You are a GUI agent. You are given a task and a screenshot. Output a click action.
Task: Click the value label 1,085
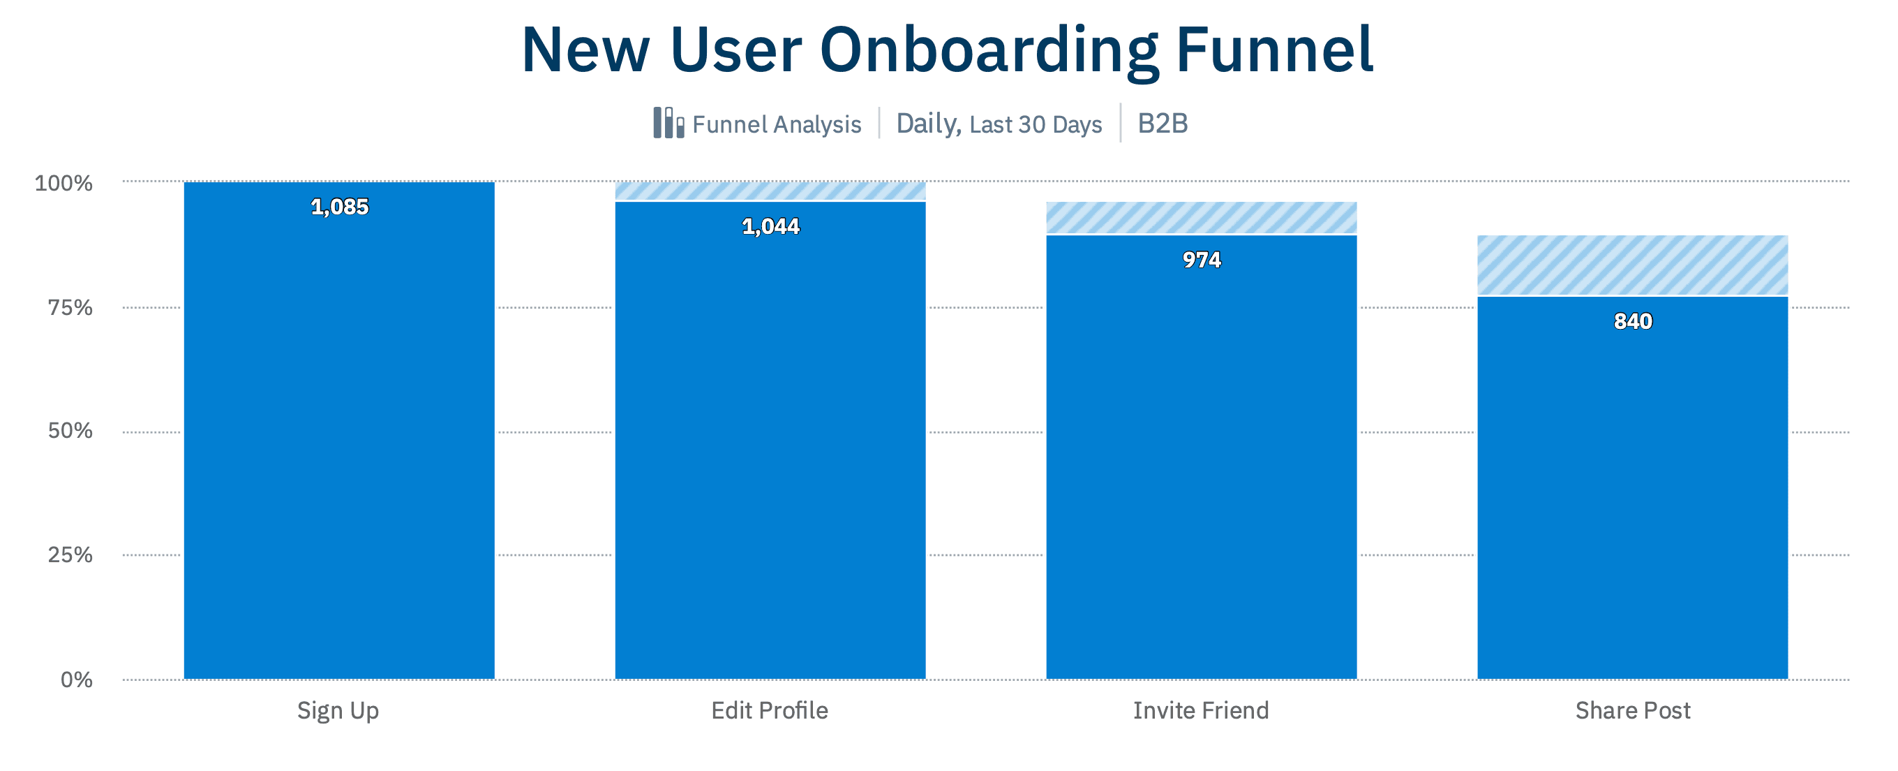tap(339, 207)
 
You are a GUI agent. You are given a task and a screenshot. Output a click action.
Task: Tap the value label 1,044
tap(770, 226)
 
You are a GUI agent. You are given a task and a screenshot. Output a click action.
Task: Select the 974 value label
tap(1201, 260)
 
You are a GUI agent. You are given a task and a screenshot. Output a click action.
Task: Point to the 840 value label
tap(1633, 321)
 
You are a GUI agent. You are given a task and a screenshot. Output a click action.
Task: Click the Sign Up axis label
tap(338, 710)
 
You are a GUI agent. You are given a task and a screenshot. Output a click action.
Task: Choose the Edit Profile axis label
tap(769, 710)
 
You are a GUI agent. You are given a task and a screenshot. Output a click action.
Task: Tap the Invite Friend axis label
tap(1201, 710)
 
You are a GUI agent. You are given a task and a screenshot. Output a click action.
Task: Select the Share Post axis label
tap(1633, 710)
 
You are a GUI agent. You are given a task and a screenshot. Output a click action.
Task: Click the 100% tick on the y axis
tap(64, 183)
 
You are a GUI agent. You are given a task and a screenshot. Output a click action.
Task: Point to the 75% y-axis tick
tap(70, 307)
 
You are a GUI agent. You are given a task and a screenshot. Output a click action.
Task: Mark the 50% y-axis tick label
tap(70, 430)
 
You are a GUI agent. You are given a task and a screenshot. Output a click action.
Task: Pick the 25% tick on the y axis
tap(70, 555)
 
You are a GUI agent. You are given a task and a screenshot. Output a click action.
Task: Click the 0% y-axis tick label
tap(77, 679)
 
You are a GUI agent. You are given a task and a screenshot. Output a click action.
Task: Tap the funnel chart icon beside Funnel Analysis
tap(668, 123)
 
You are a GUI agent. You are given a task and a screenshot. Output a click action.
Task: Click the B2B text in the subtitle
tap(1163, 123)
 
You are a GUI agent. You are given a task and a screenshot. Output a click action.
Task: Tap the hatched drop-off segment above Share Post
tap(1633, 265)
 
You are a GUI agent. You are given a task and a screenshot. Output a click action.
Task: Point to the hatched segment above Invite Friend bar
tap(1201, 217)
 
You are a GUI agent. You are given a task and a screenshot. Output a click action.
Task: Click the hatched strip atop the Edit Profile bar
tap(770, 191)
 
